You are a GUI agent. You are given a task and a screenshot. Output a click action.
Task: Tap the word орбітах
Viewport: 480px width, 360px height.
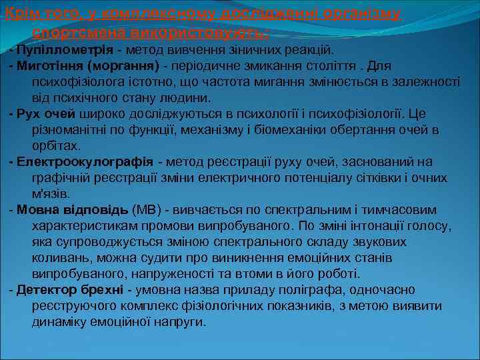(x=56, y=145)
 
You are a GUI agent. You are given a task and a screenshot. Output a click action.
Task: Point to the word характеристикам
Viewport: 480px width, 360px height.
(x=83, y=226)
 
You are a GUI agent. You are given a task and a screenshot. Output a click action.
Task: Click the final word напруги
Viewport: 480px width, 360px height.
(x=182, y=322)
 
